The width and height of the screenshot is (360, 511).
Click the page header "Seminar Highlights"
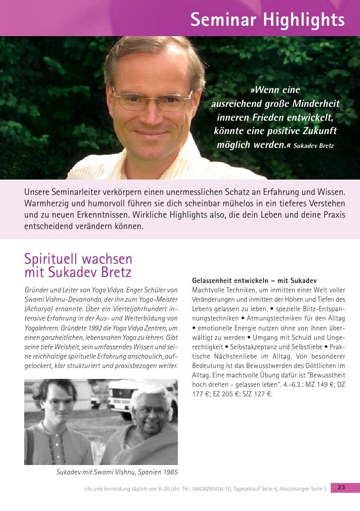coord(267,20)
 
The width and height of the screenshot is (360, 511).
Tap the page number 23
coord(341,488)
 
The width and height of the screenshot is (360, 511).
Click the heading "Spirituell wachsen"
coord(78,259)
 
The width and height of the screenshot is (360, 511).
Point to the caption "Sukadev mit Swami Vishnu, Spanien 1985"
coord(117,471)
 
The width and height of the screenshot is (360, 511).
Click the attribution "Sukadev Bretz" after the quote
coord(314,147)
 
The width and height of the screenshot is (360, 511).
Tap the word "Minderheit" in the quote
coord(315,104)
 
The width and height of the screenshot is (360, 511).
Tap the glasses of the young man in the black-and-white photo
coord(61,403)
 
